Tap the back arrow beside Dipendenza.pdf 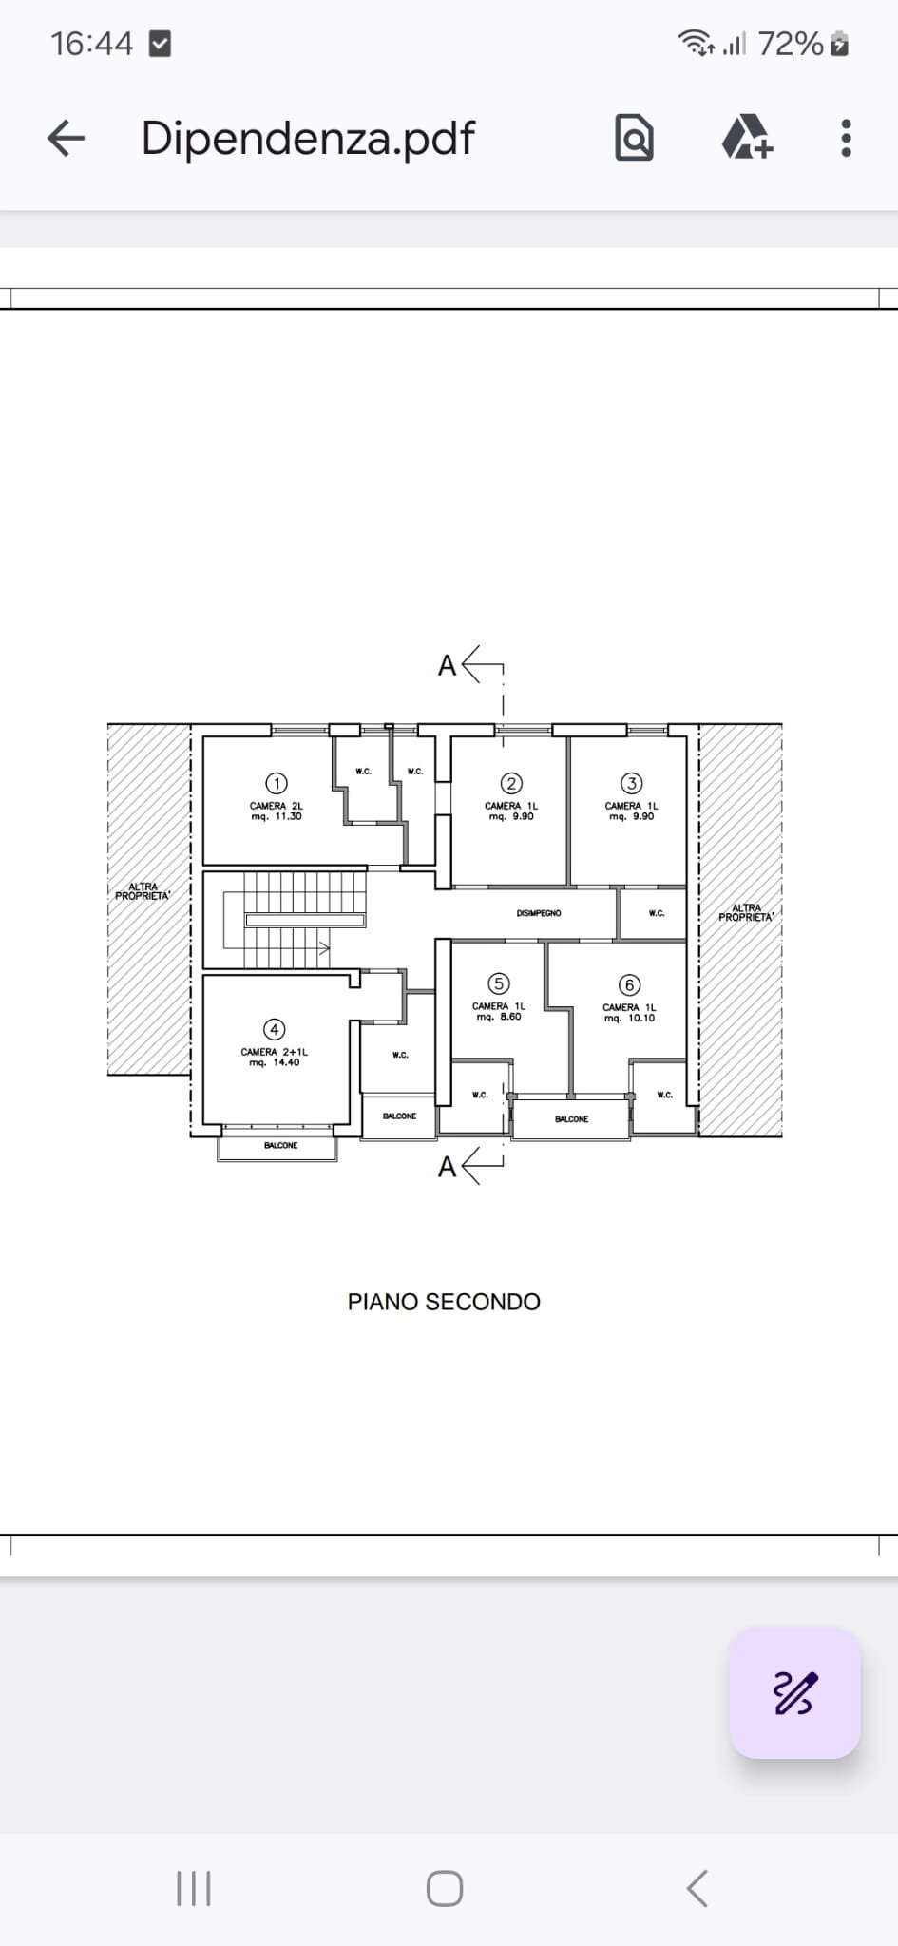click(x=67, y=139)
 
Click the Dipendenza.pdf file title click(x=307, y=139)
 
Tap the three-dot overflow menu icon click(x=846, y=139)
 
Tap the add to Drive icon click(x=747, y=139)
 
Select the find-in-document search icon click(x=634, y=139)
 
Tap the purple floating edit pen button click(x=794, y=1693)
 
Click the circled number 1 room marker click(x=276, y=783)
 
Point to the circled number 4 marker click(x=274, y=1029)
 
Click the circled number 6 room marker click(x=628, y=984)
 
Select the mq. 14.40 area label click(x=275, y=1062)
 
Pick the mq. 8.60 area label click(x=499, y=1017)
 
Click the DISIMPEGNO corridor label click(x=539, y=913)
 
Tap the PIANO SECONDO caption click(x=444, y=1302)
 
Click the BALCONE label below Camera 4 click(x=280, y=1146)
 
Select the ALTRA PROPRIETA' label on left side click(x=143, y=891)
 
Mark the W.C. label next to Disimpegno click(x=656, y=913)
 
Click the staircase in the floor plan click(x=295, y=920)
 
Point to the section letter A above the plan click(x=447, y=665)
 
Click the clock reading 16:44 click(x=91, y=44)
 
